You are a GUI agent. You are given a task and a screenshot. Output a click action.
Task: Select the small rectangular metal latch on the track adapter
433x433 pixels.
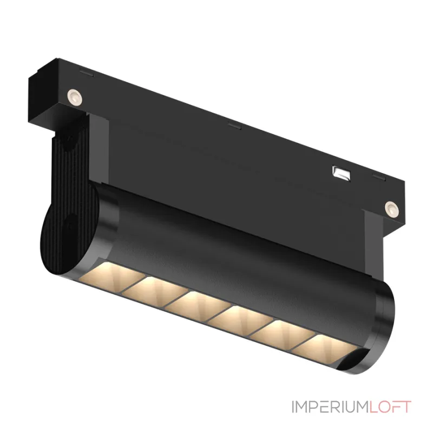click(x=341, y=172)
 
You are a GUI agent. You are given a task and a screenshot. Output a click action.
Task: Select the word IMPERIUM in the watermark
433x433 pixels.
click(x=323, y=407)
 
